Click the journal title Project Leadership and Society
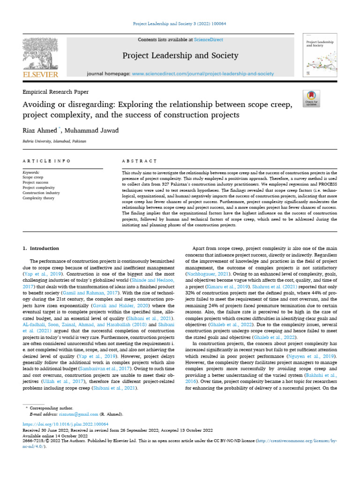click(180, 56)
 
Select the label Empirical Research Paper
click(56, 92)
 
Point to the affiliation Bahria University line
click(54, 141)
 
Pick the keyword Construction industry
click(41, 193)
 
